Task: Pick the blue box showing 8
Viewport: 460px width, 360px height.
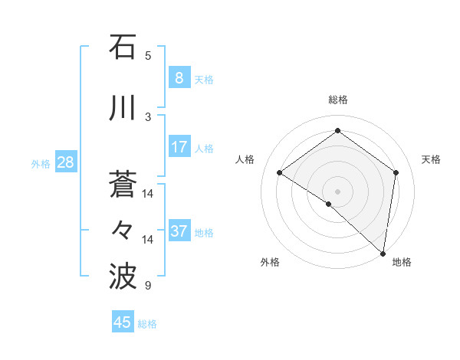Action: pyautogui.click(x=179, y=77)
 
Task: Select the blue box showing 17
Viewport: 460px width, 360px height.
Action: pyautogui.click(x=179, y=146)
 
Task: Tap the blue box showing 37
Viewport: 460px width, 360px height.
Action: pyautogui.click(x=179, y=231)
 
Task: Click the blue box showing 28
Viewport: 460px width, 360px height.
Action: pyautogui.click(x=65, y=162)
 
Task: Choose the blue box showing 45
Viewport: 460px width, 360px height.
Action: pyautogui.click(x=123, y=322)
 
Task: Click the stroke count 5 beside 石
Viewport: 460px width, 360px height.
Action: pyautogui.click(x=148, y=55)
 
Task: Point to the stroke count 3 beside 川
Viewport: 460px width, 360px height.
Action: pyautogui.click(x=148, y=116)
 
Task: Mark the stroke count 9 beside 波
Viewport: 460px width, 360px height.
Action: pyautogui.click(x=148, y=286)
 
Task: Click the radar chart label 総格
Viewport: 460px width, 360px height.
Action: pyautogui.click(x=337, y=100)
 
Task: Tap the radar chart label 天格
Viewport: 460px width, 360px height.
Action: pyautogui.click(x=431, y=159)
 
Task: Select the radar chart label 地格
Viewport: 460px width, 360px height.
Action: pyautogui.click(x=402, y=262)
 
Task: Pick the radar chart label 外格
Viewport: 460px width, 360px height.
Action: pyautogui.click(x=270, y=262)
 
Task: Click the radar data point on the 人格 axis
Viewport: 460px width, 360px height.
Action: pyautogui.click(x=280, y=173)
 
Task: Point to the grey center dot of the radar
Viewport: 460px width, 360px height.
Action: pyautogui.click(x=337, y=191)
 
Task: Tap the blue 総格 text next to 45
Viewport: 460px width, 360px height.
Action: pyautogui.click(x=147, y=324)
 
